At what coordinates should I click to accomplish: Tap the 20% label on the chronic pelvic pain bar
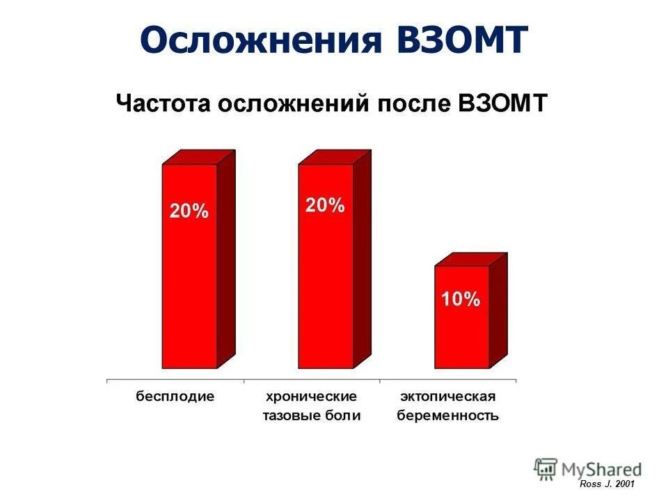tap(325, 205)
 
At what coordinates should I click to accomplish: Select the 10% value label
tap(461, 300)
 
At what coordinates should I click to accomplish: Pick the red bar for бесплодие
tap(189, 292)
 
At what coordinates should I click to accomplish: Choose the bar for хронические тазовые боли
tap(325, 292)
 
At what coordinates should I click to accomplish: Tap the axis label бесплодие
tap(175, 397)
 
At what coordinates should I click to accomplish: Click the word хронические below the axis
tap(312, 397)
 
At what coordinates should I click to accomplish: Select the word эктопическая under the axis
tap(447, 397)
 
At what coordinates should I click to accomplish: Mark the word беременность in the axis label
tap(447, 416)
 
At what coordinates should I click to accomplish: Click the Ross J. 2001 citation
tap(607, 484)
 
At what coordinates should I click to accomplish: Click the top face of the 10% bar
tap(470, 260)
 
